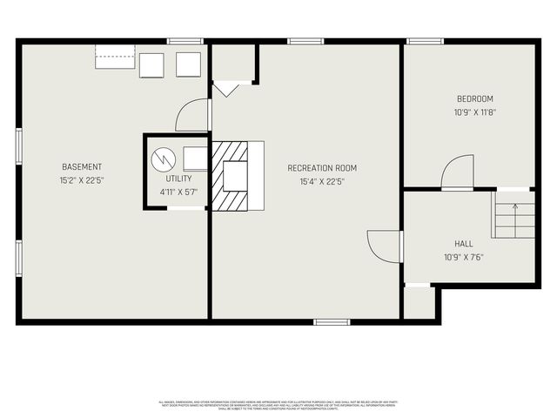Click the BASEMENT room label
pos(81,167)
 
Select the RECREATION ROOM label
pos(322,168)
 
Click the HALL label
pos(464,244)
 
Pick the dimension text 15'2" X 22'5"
pos(81,181)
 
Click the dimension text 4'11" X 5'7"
pos(178,192)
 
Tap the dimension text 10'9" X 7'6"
pos(464,257)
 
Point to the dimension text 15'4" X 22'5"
pos(322,182)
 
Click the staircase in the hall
pos(513,215)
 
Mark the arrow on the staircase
pos(514,207)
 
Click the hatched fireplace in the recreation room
pos(231,176)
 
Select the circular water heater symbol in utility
pos(163,159)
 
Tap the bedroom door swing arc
pos(458,172)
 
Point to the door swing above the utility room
pos(193,115)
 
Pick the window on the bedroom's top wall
pos(425,41)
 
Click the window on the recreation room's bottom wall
pos(332,322)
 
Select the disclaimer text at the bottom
pos(278,404)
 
